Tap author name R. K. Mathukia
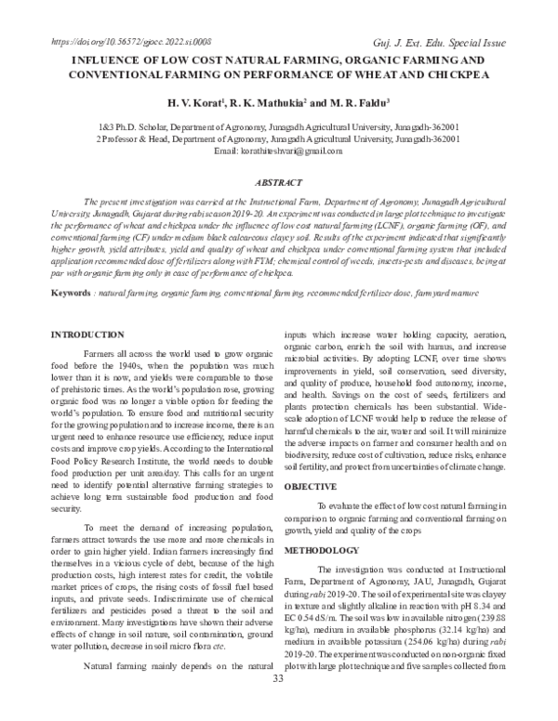click(270, 99)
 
